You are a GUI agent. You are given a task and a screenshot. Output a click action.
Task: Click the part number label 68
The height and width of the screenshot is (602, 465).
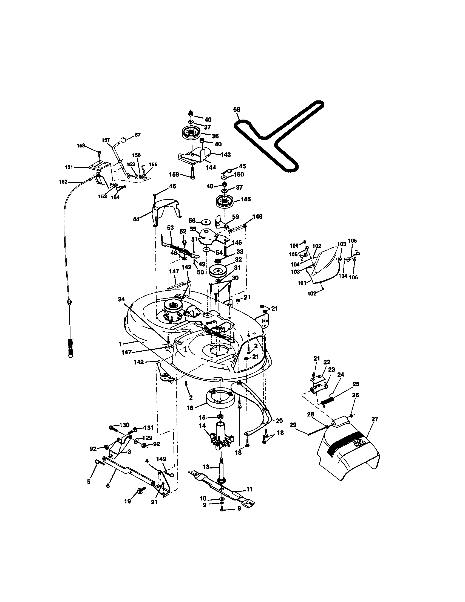(x=237, y=109)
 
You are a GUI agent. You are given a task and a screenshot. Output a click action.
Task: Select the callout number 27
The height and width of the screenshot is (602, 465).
(x=375, y=419)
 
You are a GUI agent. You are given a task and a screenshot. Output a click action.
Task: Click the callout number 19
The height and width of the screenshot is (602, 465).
(x=127, y=501)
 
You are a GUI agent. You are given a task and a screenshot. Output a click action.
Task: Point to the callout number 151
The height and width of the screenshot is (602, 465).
(x=69, y=167)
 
